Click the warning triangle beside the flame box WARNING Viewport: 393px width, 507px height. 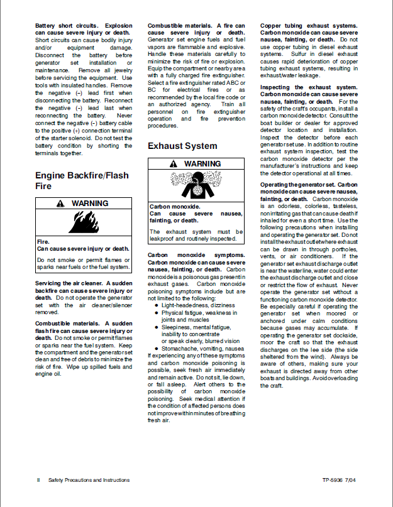60,204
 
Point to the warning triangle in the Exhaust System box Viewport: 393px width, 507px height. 173,164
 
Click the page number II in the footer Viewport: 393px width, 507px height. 38,480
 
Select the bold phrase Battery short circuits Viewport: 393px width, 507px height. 67,26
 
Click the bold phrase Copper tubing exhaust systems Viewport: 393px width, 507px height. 308,26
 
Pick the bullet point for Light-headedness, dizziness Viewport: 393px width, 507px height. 157,305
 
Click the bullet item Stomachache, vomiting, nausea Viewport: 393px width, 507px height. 157,347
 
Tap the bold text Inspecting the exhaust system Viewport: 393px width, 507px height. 308,87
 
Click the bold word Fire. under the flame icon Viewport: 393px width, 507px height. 43,241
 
